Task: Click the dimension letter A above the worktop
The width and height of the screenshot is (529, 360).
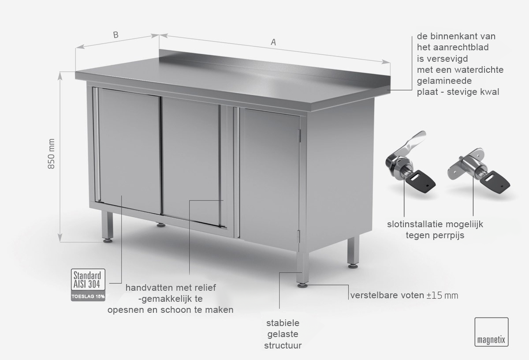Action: click(x=273, y=42)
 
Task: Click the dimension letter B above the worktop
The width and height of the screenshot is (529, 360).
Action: click(x=115, y=35)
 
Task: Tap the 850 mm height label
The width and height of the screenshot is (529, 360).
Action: click(x=51, y=154)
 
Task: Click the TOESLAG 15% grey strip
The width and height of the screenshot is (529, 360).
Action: click(x=88, y=296)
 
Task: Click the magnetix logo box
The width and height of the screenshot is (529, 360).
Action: click(x=492, y=332)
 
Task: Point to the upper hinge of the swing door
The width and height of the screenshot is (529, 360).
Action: click(x=300, y=136)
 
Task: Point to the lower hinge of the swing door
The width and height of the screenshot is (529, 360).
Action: click(x=299, y=236)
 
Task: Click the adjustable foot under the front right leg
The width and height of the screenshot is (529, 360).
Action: click(x=302, y=285)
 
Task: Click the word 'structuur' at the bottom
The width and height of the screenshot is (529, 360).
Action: click(x=283, y=345)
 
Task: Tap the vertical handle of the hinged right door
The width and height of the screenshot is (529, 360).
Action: click(x=238, y=172)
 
